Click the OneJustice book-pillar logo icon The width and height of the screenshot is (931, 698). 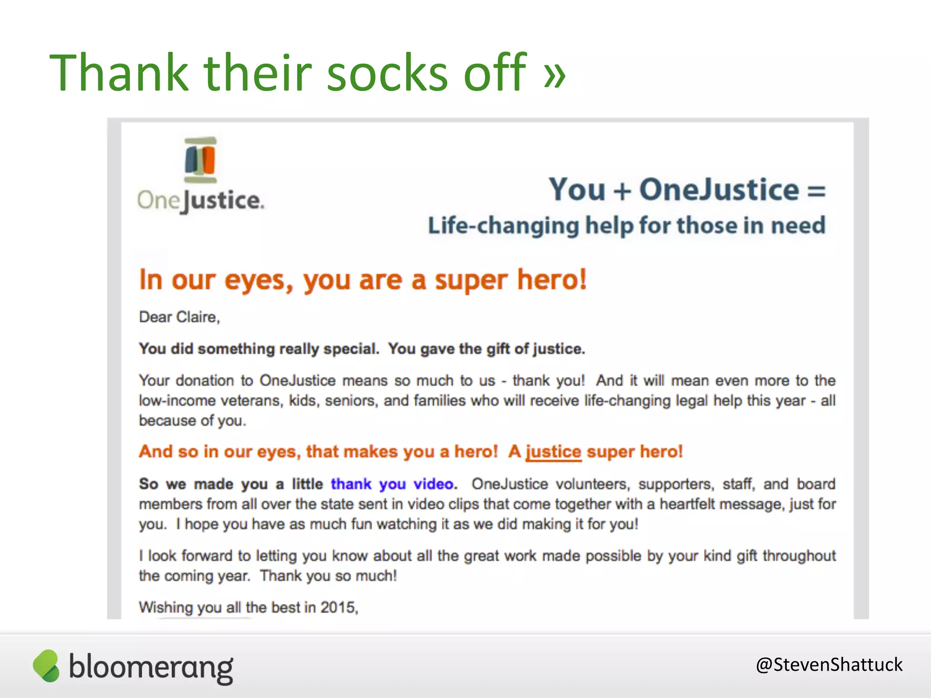point(200,160)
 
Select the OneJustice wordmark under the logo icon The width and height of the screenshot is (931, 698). point(200,200)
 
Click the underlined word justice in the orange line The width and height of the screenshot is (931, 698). point(553,452)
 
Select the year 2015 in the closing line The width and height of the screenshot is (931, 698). point(338,608)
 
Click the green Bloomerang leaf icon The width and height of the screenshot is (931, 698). point(46,666)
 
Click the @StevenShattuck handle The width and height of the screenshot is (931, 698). point(829,664)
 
